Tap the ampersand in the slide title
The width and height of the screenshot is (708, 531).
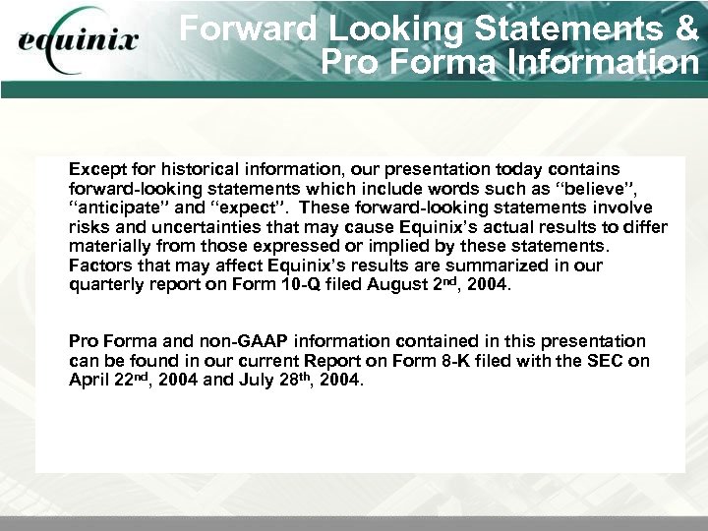[x=684, y=29]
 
